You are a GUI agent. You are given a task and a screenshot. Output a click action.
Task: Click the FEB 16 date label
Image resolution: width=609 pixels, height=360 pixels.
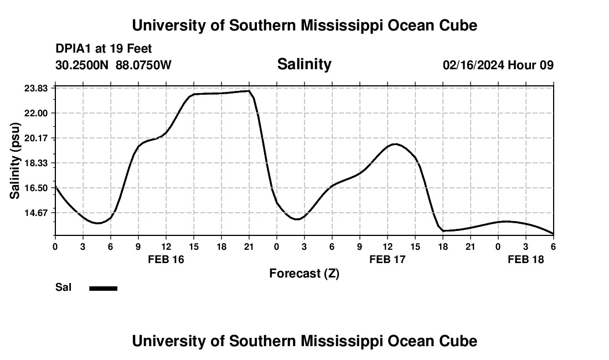pyautogui.click(x=166, y=259)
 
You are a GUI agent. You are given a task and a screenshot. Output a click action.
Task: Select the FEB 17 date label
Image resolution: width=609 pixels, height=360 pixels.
pyautogui.click(x=388, y=259)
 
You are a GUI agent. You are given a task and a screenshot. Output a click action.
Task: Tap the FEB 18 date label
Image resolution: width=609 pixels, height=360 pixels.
pyautogui.click(x=526, y=259)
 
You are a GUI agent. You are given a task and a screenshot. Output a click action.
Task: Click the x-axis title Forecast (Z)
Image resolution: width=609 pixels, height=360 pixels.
pyautogui.click(x=304, y=273)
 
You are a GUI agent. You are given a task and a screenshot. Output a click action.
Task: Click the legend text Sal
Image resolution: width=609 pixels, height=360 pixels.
pyautogui.click(x=64, y=287)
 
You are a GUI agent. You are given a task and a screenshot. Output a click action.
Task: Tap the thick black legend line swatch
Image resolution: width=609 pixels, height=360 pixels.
pyautogui.click(x=104, y=288)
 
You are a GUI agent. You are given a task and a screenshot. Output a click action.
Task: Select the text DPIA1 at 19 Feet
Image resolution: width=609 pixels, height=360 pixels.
pyautogui.click(x=104, y=49)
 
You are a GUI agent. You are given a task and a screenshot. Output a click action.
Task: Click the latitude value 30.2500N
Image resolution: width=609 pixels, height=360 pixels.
pyautogui.click(x=83, y=65)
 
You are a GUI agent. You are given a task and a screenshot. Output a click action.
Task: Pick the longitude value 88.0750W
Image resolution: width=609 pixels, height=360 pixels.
pyautogui.click(x=144, y=65)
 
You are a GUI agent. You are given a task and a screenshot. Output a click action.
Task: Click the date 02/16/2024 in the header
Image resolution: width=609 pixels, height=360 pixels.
pyautogui.click(x=473, y=65)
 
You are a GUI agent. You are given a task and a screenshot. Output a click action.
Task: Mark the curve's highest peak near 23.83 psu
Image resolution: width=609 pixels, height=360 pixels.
pyautogui.click(x=249, y=91)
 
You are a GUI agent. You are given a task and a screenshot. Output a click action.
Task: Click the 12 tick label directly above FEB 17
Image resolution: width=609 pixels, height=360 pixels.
pyautogui.click(x=388, y=247)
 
